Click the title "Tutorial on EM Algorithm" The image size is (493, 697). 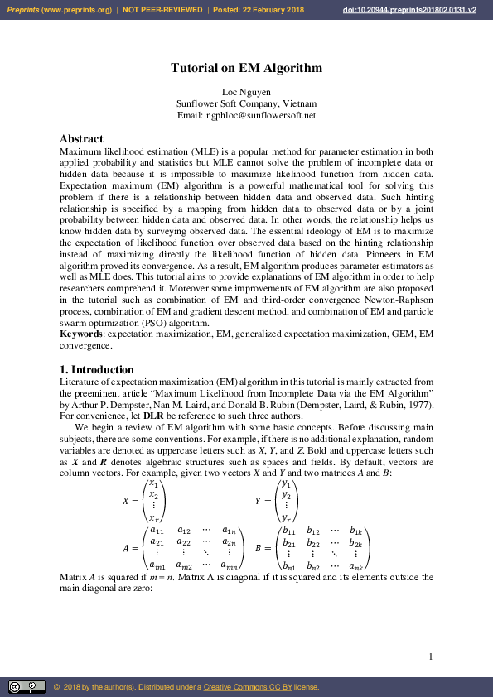[x=246, y=69]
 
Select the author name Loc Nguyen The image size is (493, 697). [x=246, y=92]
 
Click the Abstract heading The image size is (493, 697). [x=81, y=139]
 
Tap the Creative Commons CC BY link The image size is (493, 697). [x=242, y=687]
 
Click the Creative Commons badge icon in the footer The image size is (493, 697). [x=27, y=687]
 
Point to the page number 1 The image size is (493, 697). [x=431, y=656]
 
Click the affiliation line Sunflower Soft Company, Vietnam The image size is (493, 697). [x=246, y=104]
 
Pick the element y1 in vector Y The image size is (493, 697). [x=285, y=483]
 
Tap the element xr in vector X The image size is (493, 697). [x=152, y=517]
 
